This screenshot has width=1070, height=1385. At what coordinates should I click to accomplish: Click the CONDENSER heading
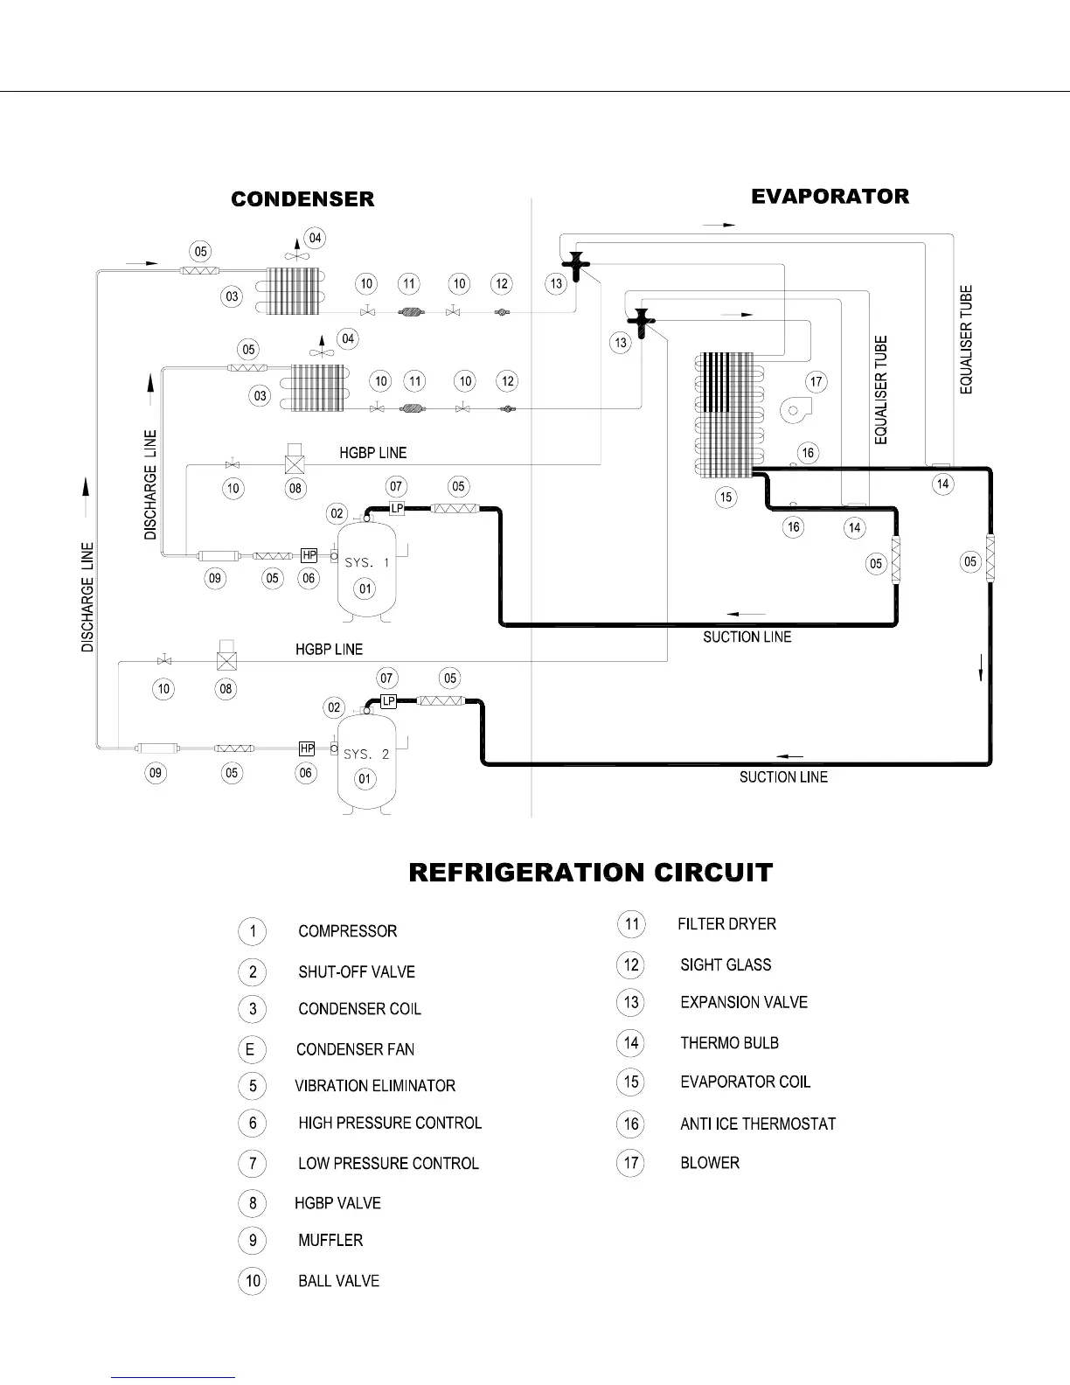point(302,199)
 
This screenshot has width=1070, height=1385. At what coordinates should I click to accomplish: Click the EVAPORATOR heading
point(830,196)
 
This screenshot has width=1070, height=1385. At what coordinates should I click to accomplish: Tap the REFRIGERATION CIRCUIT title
point(591,873)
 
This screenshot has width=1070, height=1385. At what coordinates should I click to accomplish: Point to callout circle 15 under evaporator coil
point(726,498)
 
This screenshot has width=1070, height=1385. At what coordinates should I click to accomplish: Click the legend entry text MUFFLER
point(330,1240)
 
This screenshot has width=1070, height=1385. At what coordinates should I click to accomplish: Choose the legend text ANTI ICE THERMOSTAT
point(758,1124)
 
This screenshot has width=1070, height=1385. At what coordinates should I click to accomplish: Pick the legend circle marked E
point(252,1048)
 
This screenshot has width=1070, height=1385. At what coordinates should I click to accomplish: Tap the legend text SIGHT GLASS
point(726,964)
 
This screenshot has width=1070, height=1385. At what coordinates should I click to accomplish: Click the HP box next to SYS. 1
point(309,555)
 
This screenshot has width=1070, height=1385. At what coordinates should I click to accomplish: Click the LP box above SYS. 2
point(389,701)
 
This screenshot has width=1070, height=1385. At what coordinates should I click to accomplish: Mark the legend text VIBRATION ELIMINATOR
point(375,1086)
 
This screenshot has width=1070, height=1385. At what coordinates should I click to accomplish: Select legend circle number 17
point(630,1163)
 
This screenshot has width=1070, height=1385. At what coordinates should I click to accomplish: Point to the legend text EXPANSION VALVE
point(744,1002)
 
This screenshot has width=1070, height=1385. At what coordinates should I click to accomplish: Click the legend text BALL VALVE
point(338,1281)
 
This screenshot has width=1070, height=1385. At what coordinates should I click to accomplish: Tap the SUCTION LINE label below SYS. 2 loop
point(783,776)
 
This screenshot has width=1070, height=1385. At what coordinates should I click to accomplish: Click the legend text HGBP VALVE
point(337,1203)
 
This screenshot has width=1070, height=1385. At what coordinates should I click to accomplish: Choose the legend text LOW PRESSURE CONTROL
point(388,1163)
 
